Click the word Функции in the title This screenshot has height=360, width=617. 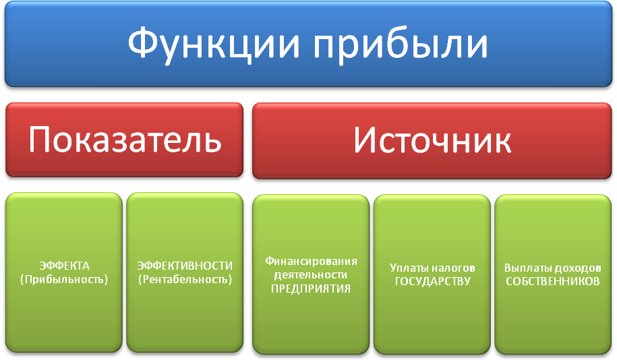214,44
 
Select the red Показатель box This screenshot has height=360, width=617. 124,140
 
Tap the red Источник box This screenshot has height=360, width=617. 432,140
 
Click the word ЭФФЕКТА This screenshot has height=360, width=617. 64,266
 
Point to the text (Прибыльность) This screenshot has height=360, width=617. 64,280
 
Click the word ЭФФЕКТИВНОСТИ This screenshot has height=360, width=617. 185,266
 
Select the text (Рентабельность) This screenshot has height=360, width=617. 185,280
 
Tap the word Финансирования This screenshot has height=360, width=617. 311,262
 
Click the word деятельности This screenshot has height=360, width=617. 311,275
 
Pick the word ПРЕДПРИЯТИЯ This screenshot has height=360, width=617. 311,289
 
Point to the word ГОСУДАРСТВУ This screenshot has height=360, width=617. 432,282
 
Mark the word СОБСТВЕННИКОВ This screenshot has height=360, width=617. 553,282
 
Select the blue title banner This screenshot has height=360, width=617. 309,44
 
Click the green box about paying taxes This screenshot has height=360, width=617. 432,274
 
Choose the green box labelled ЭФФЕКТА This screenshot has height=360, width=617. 64,272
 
